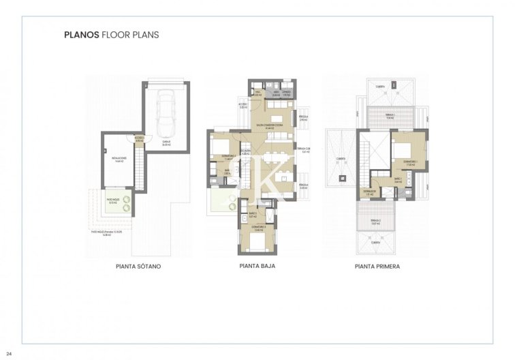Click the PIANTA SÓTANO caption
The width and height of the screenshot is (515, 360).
tap(138, 267)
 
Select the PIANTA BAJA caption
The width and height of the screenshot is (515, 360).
tap(257, 267)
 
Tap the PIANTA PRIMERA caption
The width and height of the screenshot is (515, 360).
tap(377, 267)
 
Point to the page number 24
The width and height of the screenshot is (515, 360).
tap(9, 353)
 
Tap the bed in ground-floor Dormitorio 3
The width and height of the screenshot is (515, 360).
tap(255, 240)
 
